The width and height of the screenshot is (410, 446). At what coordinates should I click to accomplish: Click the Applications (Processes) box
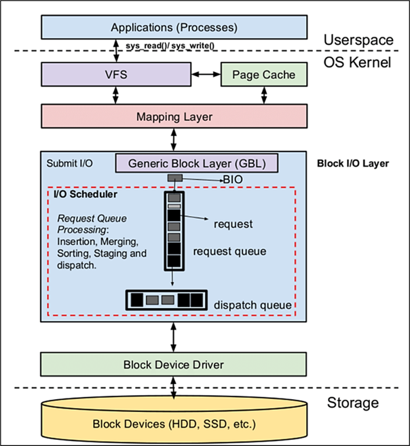[174, 27]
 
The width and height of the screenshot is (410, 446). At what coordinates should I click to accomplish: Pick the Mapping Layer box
[174, 117]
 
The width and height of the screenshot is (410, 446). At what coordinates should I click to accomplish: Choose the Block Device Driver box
[174, 364]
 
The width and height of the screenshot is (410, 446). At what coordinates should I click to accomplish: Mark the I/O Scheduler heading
[86, 194]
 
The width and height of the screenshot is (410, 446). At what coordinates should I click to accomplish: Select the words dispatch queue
[253, 306]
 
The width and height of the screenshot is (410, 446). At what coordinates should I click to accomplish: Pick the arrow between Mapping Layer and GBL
[174, 139]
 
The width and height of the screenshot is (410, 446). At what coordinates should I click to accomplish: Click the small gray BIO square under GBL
[175, 178]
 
